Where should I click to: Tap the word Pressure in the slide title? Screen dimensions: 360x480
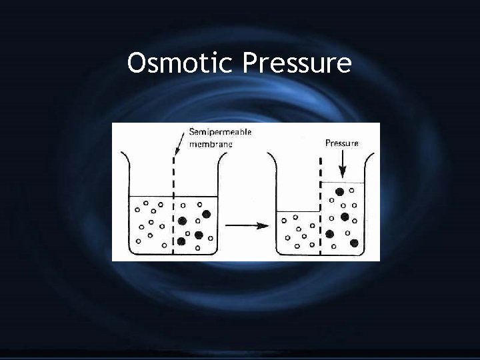tap(297, 65)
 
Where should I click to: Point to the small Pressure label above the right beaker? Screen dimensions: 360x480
tap(341, 143)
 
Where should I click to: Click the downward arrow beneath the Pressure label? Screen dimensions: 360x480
tap(341, 162)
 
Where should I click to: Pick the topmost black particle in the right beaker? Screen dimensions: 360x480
tap(339, 191)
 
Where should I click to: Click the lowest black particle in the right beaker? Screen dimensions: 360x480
tap(354, 243)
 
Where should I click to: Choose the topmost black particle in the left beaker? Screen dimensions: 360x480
tap(206, 213)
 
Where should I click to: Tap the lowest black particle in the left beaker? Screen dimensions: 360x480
tap(181, 241)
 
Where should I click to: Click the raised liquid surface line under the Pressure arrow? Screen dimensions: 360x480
tap(343, 181)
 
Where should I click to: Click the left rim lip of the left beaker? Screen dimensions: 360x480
tap(122, 154)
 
